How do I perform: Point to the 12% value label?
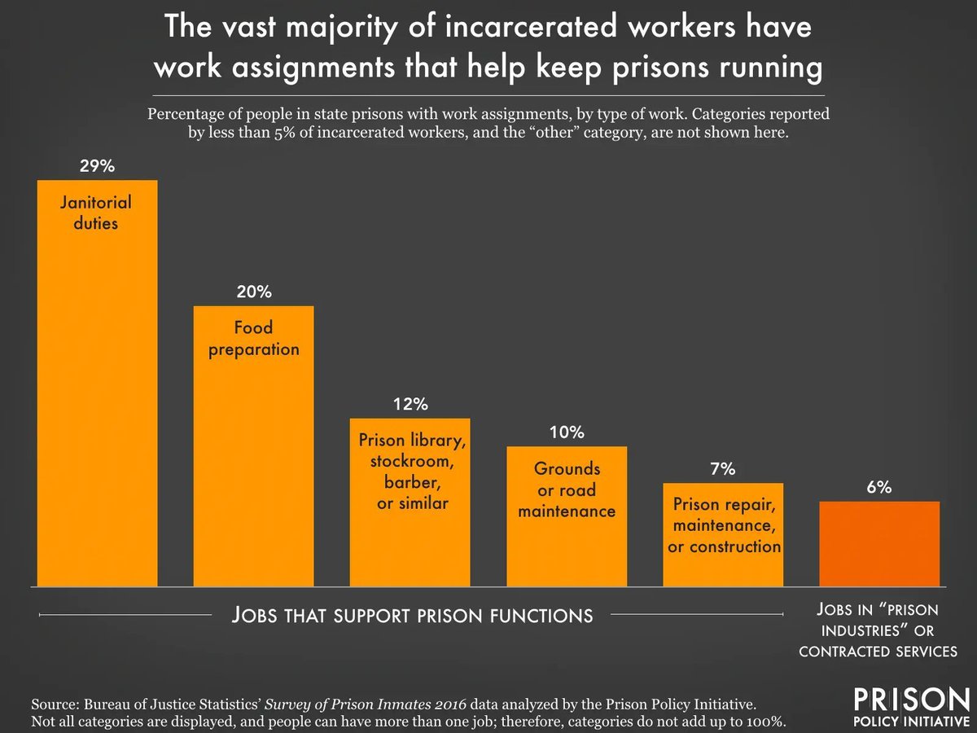[x=410, y=404]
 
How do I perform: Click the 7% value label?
[x=723, y=469]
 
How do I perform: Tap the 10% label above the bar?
[x=567, y=432]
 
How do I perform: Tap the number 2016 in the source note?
[x=445, y=702]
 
